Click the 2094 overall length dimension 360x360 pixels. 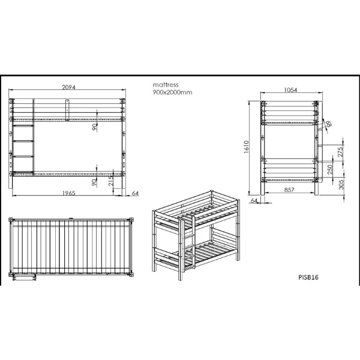(68, 87)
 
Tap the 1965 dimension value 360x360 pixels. (69, 193)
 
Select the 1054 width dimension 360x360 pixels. (290, 90)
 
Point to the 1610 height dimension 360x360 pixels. (246, 147)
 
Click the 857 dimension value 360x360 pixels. (289, 190)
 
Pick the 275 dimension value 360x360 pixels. (340, 152)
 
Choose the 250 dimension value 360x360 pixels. (330, 169)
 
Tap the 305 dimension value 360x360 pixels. (341, 184)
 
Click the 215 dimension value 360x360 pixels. (110, 181)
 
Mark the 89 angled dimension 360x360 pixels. (329, 124)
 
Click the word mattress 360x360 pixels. (166, 85)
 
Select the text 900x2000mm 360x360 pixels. (172, 92)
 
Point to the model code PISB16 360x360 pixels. (308, 277)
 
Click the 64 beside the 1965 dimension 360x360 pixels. (135, 193)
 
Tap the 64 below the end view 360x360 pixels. (254, 200)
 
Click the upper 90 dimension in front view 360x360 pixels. (94, 127)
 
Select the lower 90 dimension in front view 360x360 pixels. (94, 182)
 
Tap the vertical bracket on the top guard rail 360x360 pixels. (67, 110)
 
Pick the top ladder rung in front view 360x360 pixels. (23, 125)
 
